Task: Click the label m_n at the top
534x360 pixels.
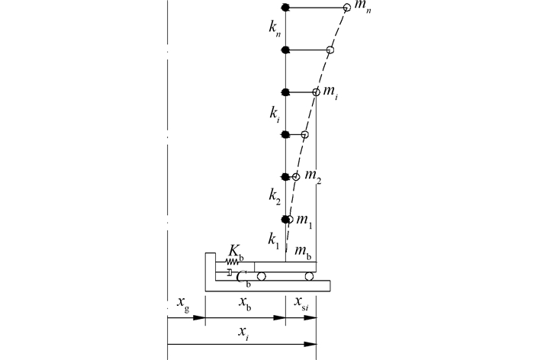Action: tap(362, 7)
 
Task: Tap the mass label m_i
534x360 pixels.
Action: tap(330, 92)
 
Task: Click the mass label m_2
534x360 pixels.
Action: tap(313, 175)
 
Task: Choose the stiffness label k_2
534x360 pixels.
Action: tap(275, 197)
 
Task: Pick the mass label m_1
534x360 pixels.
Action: tap(304, 220)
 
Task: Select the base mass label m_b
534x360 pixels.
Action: tap(303, 252)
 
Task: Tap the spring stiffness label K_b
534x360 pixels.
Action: tap(236, 252)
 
